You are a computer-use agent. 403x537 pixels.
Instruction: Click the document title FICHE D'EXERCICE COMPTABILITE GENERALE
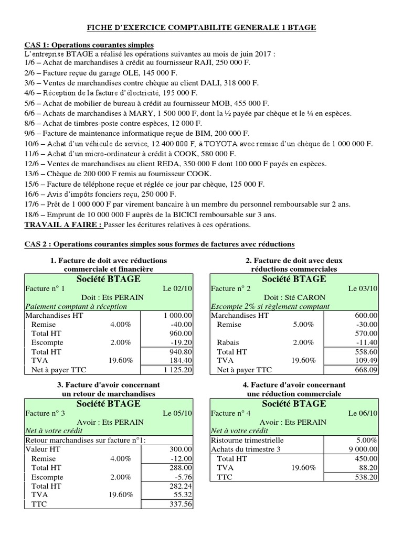[201, 27]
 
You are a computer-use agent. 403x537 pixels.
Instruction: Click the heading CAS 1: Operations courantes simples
[89, 45]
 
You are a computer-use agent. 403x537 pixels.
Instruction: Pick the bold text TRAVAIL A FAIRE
[63, 224]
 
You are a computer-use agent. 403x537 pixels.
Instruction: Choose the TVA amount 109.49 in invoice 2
[366, 361]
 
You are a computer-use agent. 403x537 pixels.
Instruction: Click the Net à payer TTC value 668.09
[366, 370]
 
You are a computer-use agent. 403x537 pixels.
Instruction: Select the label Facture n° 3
[45, 413]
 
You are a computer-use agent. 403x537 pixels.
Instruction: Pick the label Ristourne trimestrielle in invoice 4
[247, 440]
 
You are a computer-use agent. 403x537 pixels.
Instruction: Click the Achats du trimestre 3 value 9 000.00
[362, 449]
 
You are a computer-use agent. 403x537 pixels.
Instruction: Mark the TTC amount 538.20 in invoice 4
[366, 477]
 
